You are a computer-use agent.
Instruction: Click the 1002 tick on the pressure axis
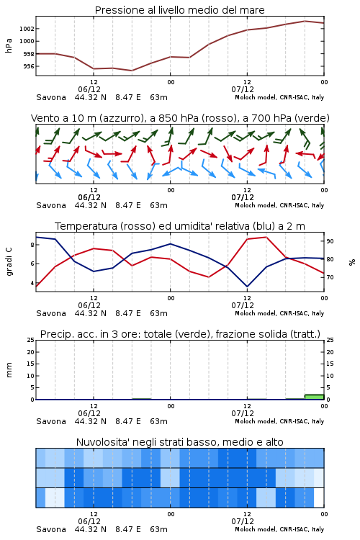pyautogui.click(x=27, y=29)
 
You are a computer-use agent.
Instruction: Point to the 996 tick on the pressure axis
pyautogui.click(x=29, y=66)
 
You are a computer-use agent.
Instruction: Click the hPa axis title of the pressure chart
pyautogui.click(x=9, y=45)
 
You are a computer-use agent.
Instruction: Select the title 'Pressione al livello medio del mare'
pyautogui.click(x=180, y=10)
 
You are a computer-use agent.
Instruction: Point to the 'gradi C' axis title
pyautogui.click(x=9, y=262)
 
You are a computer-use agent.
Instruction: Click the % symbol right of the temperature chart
pyautogui.click(x=352, y=262)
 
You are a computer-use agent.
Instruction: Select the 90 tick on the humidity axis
pyautogui.click(x=330, y=241)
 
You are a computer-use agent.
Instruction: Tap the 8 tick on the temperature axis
pyautogui.click(x=32, y=245)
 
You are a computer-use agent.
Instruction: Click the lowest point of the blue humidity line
pyautogui.click(x=247, y=287)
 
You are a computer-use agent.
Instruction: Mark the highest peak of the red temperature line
pyautogui.click(x=266, y=237)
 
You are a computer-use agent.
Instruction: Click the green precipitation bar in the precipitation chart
pyautogui.click(x=314, y=397)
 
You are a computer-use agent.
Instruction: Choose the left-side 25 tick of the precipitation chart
pyautogui.click(x=31, y=341)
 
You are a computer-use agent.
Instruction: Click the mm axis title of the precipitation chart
pyautogui.click(x=9, y=370)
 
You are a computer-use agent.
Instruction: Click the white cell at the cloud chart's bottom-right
pyautogui.click(x=319, y=498)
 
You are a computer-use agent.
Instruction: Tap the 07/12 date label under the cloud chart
pyautogui.click(x=243, y=521)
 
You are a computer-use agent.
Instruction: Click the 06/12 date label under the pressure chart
pyautogui.click(x=89, y=89)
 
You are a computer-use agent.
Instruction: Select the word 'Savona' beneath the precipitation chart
pyautogui.click(x=51, y=421)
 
